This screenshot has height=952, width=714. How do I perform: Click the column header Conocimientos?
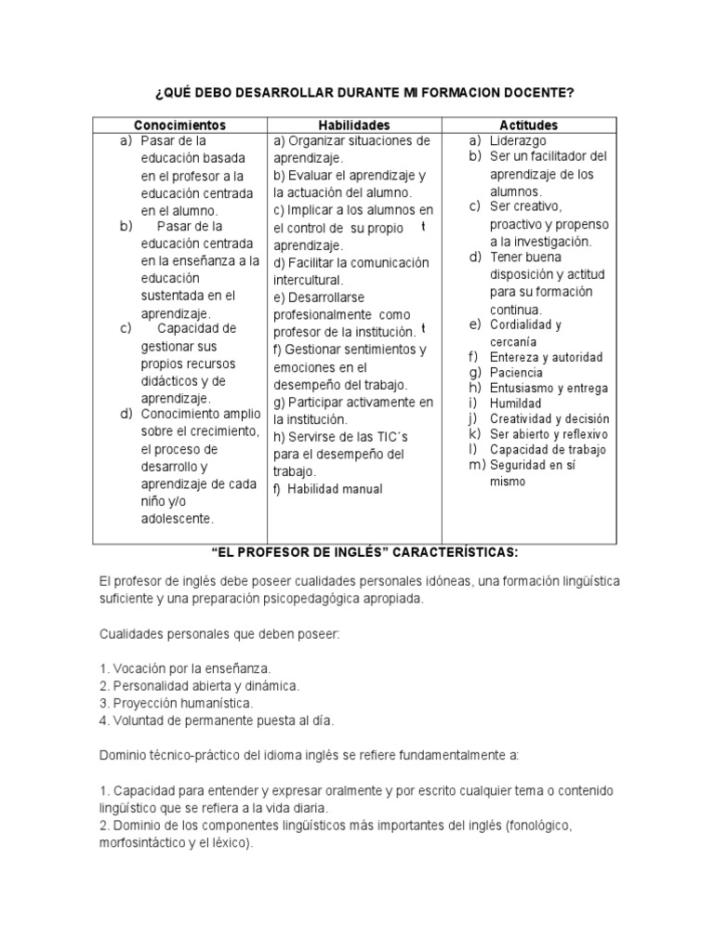tap(179, 125)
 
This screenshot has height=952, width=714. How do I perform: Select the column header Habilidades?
tap(354, 125)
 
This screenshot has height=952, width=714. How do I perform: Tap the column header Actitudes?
tap(529, 125)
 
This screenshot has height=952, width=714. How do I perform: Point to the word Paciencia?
tap(519, 373)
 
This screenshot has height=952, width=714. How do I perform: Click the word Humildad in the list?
tap(515, 404)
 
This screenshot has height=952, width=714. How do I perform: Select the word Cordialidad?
tap(525, 324)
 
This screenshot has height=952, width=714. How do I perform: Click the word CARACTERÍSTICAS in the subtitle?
tap(455, 551)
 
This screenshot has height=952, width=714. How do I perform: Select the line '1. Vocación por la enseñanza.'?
tap(185, 668)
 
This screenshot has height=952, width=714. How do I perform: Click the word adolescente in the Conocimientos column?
tap(178, 518)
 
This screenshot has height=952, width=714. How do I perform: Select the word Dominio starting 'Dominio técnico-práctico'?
tap(122, 755)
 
